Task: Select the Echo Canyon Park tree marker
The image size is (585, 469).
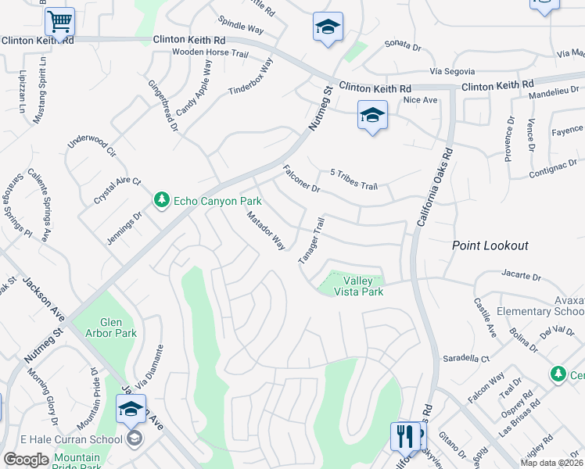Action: (162, 201)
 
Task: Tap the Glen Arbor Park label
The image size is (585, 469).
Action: (118, 328)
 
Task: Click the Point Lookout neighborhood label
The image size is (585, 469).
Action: (490, 245)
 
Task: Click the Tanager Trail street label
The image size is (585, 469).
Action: (310, 240)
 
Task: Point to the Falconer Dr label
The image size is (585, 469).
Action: (302, 178)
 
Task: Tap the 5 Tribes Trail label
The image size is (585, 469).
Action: (354, 179)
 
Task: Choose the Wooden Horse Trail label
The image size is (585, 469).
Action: (210, 52)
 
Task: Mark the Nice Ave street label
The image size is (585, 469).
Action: (420, 100)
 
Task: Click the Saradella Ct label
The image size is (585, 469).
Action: (465, 358)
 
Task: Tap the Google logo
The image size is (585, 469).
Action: (26, 460)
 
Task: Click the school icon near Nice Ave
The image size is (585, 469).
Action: (373, 116)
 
